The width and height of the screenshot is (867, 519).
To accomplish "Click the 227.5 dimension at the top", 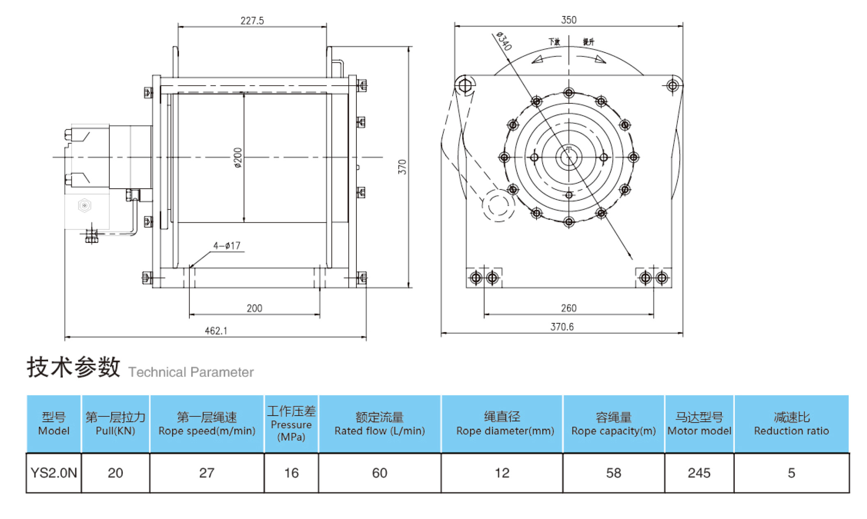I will point(252,21).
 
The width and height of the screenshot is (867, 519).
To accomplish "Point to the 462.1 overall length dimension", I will point(216,331).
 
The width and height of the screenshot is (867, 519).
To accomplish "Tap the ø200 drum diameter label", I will point(238,158).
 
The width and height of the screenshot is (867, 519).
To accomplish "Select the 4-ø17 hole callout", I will point(227,246).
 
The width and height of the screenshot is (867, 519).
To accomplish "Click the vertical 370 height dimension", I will point(402,167).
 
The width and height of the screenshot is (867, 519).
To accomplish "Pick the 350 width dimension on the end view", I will point(569,20).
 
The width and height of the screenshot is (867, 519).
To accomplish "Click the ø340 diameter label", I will point(504,41).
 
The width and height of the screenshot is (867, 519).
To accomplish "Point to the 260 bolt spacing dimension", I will point(569,308).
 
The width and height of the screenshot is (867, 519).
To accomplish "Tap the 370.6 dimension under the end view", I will point(562,327).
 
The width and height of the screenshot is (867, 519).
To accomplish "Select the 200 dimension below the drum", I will point(255,309).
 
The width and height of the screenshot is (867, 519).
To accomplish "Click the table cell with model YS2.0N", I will point(54,473).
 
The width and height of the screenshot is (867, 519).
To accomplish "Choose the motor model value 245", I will point(699,473).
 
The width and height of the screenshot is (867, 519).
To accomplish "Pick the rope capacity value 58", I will point(613,473).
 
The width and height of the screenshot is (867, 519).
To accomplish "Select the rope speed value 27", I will point(206,473).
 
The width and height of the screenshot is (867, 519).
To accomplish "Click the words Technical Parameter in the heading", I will point(191,372).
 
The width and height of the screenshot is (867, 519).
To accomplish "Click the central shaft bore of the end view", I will point(569,157).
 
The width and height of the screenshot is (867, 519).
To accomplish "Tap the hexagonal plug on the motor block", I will point(85,206).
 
